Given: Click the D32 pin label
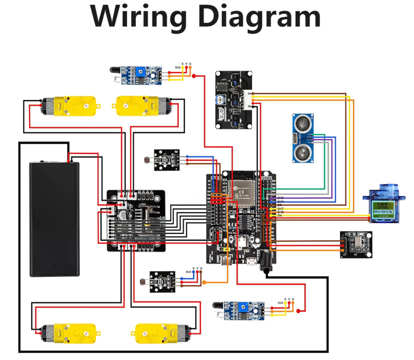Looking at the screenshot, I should (178, 68).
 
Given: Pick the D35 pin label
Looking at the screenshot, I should (188, 272).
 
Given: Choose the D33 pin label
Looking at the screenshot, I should (280, 303).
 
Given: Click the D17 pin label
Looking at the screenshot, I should (280, 209).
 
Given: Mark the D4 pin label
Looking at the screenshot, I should (279, 216).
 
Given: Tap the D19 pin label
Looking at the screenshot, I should (280, 198).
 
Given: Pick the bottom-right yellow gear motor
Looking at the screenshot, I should (162, 333).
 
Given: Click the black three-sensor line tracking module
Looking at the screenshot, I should (234, 100).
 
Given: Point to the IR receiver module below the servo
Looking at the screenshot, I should (356, 244).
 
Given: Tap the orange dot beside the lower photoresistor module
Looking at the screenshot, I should (204, 283).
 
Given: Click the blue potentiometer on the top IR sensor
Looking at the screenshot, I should (140, 72).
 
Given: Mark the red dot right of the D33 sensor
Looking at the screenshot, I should (298, 311).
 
